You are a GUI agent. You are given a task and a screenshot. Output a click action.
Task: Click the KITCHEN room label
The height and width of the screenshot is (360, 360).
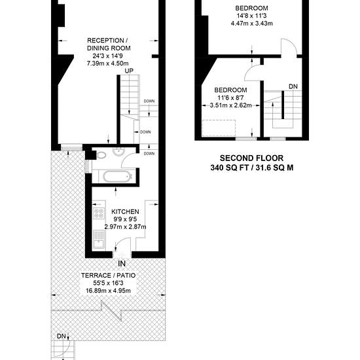[125, 211]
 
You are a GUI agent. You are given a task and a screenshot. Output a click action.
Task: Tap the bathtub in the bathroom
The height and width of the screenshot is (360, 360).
[118, 177]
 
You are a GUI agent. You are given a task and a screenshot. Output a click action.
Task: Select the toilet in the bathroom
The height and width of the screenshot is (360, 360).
[100, 155]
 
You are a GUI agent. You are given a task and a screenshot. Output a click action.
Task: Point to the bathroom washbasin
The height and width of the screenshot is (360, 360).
[118, 152]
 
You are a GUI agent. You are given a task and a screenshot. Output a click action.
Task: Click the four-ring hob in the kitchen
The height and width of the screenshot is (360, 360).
[99, 213]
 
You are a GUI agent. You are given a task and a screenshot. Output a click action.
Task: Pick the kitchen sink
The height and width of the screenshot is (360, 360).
[99, 240]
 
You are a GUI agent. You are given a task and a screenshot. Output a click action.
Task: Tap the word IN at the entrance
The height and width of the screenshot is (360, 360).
[122, 264]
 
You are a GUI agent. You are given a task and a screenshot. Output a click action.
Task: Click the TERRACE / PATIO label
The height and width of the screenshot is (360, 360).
[109, 276]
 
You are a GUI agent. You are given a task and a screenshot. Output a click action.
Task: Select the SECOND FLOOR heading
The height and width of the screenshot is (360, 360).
[251, 158]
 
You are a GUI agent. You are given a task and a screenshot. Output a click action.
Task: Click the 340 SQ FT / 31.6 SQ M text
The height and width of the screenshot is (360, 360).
[252, 168]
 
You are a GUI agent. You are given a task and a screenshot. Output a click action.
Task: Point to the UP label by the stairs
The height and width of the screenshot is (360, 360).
[129, 71]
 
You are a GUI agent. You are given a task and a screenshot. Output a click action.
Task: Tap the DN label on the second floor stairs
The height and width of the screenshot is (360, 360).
[293, 86]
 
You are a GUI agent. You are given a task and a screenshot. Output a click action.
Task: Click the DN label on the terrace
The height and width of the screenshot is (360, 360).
[62, 336]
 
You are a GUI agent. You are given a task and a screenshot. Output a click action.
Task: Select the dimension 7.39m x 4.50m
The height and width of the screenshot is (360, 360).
[108, 63]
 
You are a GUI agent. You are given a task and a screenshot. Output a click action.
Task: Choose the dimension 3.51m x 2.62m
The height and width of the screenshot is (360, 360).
[231, 105]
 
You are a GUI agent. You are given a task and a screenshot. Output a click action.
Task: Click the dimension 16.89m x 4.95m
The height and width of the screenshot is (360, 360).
[109, 291]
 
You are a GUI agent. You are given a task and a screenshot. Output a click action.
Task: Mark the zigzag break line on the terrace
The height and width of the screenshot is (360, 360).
[111, 311]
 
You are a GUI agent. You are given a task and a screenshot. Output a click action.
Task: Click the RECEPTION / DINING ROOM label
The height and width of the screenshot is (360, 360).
[107, 45]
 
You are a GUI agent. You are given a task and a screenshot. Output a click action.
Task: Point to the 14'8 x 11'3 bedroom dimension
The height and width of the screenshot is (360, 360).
[251, 16]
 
